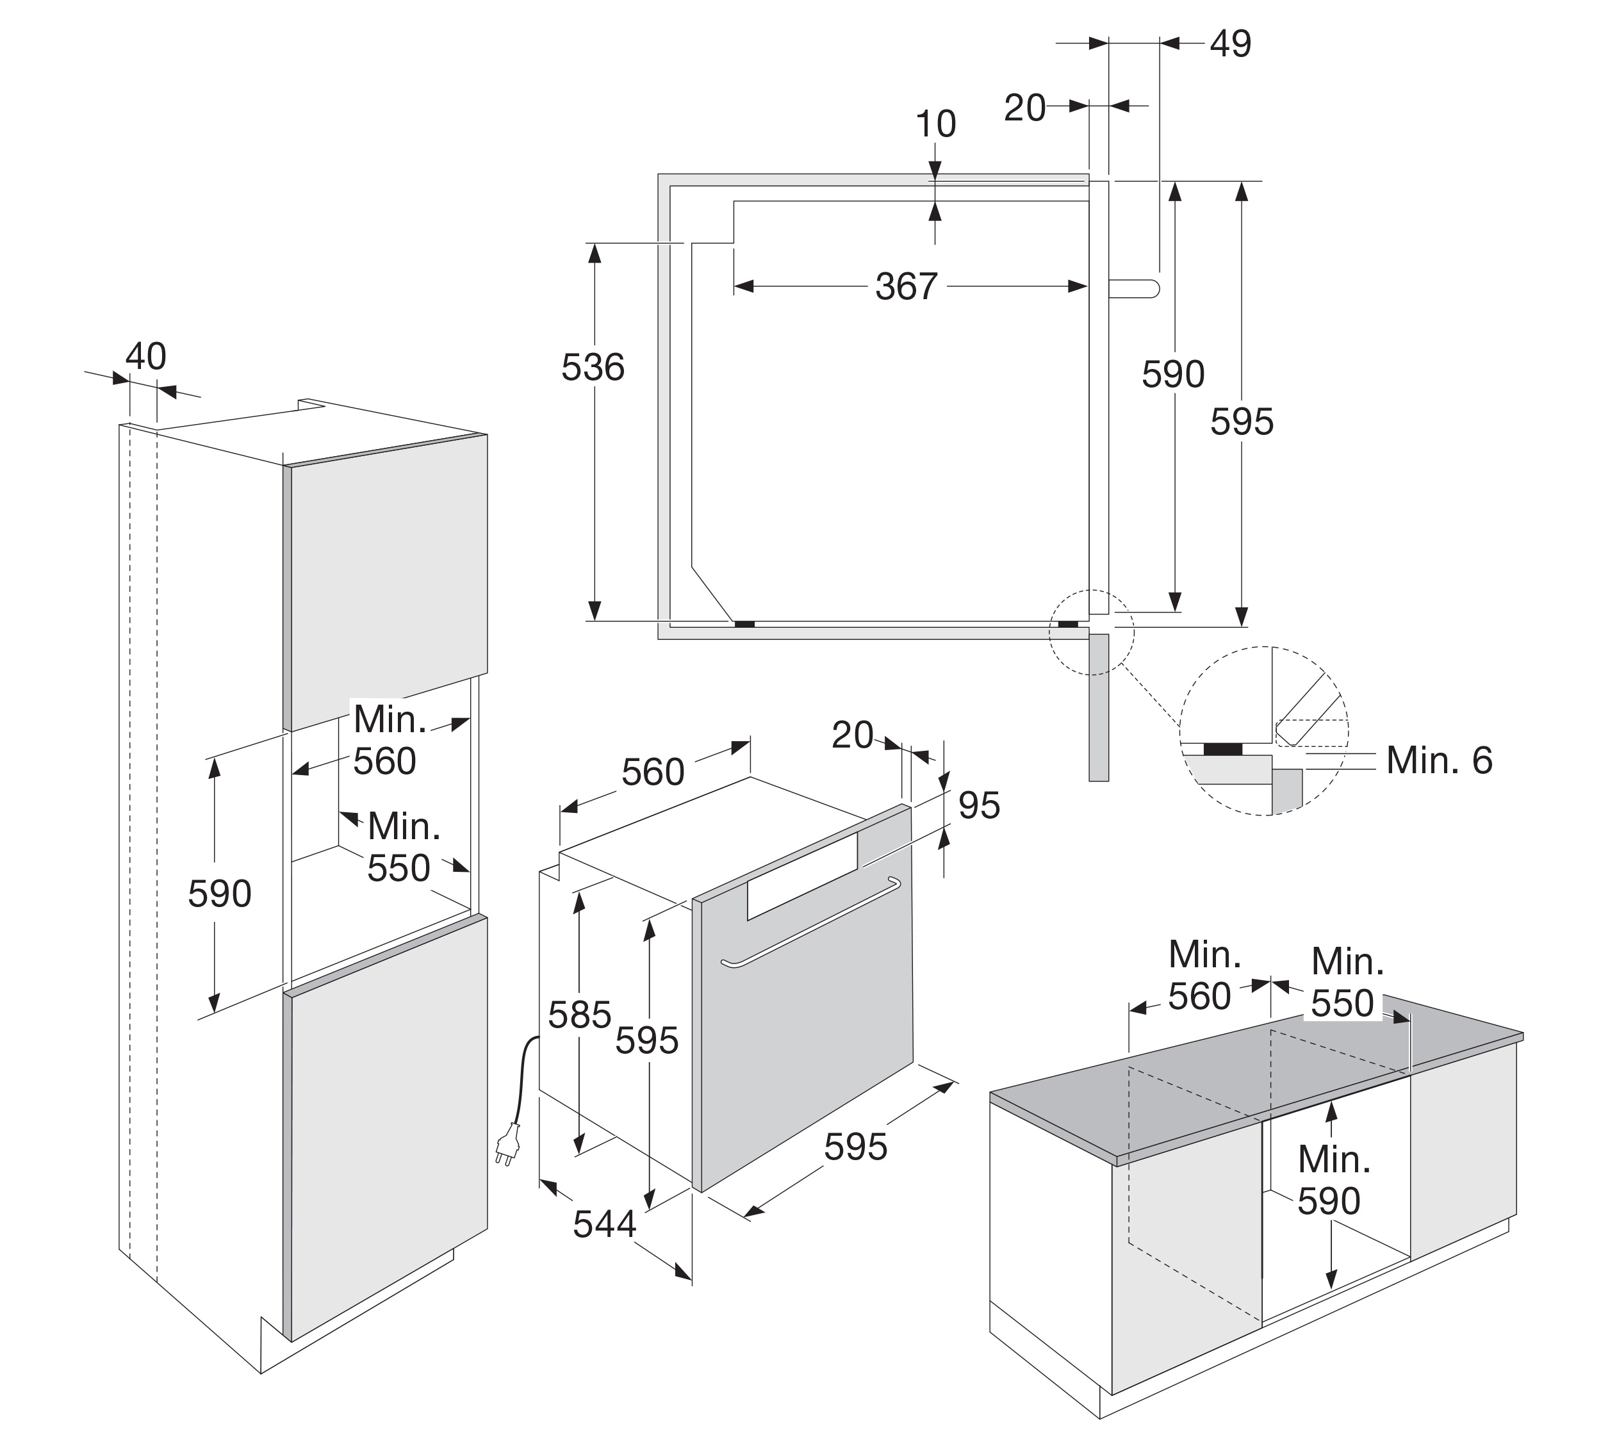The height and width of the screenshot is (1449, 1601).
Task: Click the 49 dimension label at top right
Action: coord(1230,44)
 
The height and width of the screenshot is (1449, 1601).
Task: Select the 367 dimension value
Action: coord(906,286)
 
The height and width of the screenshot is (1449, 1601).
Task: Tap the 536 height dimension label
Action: coord(593,368)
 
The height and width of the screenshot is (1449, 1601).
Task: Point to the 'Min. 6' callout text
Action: coord(1439,760)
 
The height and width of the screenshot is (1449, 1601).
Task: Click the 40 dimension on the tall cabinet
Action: coord(145,357)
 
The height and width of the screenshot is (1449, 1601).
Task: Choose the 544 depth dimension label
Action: coord(604,1224)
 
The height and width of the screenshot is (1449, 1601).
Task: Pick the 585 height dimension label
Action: coord(580,1015)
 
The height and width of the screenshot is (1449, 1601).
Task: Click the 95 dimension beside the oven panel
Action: coord(978,805)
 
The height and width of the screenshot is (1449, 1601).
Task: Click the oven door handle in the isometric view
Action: coord(810,922)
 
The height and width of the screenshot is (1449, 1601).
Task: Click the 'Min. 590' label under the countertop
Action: coord(1334,1180)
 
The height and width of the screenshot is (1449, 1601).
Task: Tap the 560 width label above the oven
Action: coord(652,772)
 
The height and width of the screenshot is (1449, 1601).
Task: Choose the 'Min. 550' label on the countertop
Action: coord(1347,982)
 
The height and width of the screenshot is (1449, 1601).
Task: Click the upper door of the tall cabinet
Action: coord(388,580)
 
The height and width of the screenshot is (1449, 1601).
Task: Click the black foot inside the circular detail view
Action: coord(1223,749)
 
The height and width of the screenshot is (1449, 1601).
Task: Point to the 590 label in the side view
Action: coord(1173,374)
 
